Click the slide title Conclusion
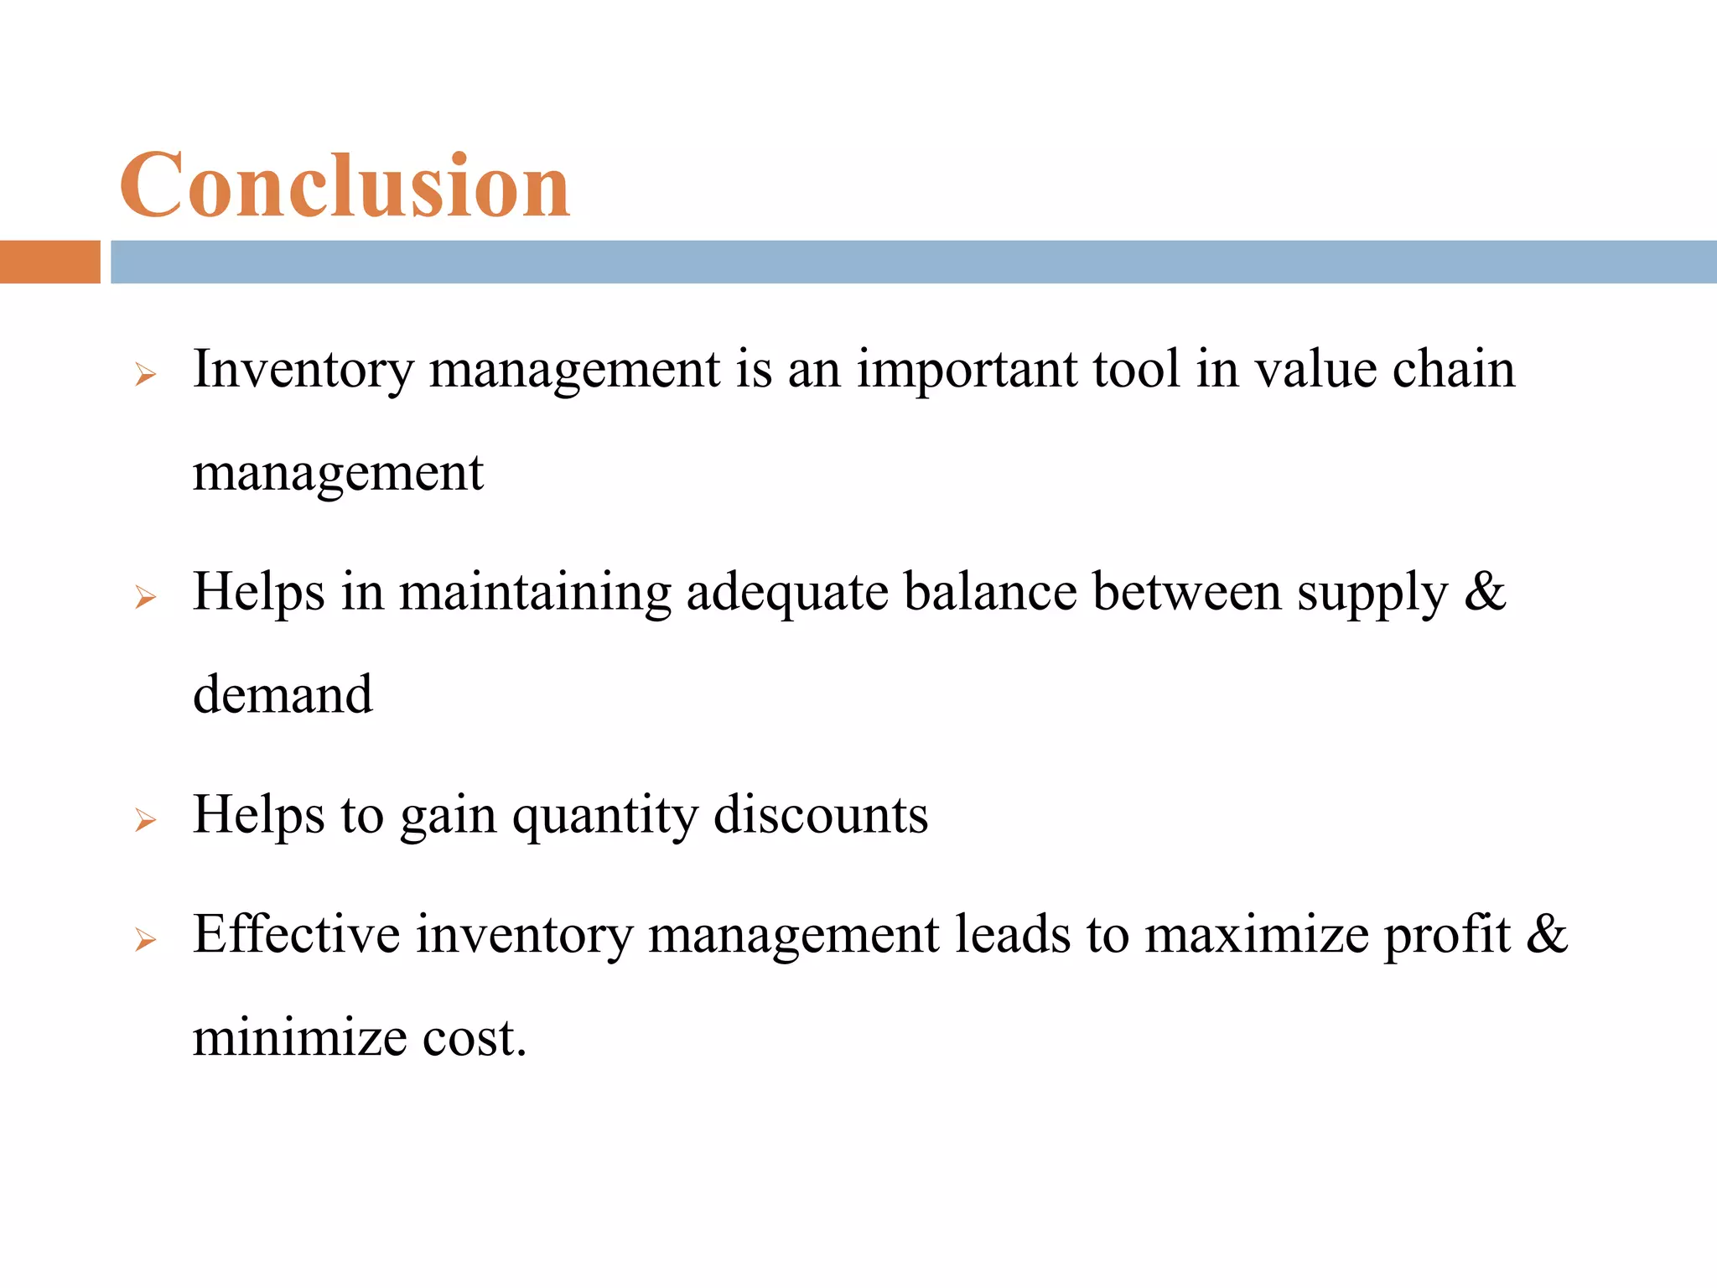345,185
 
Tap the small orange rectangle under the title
49,262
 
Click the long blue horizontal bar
912,262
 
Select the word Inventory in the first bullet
303,369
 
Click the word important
966,371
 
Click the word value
1315,369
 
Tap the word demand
283,695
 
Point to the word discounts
821,814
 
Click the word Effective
297,934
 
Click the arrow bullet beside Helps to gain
145,820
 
